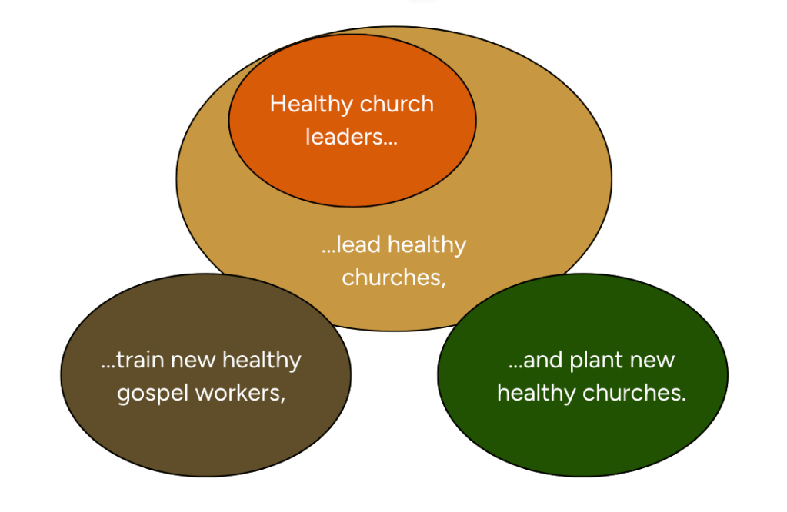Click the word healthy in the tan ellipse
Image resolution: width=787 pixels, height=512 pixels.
tap(427, 245)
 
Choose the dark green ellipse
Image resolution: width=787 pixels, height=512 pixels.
tap(582, 438)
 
